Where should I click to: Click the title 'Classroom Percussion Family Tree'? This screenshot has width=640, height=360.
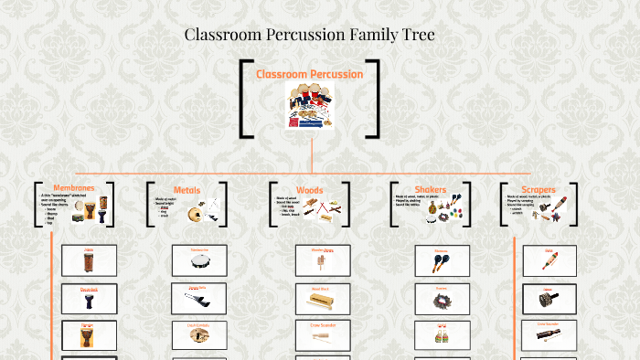click(309, 35)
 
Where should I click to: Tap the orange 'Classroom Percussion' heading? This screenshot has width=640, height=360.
click(309, 74)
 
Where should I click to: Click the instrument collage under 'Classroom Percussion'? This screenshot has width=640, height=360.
click(310, 105)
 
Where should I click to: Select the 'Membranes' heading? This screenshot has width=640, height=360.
click(73, 188)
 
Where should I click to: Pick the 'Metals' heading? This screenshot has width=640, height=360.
click(187, 190)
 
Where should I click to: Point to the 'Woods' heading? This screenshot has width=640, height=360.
click(310, 190)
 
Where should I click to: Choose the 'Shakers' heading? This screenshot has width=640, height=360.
click(431, 190)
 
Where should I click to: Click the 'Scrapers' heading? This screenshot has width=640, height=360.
click(539, 190)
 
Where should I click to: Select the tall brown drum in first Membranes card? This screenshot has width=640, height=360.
click(89, 263)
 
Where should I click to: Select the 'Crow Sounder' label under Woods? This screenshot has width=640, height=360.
click(320, 324)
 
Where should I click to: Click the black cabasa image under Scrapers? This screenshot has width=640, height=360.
click(549, 300)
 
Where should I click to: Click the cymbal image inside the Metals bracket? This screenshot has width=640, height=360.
click(194, 214)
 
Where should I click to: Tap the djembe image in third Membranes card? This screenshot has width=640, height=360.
click(89, 335)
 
